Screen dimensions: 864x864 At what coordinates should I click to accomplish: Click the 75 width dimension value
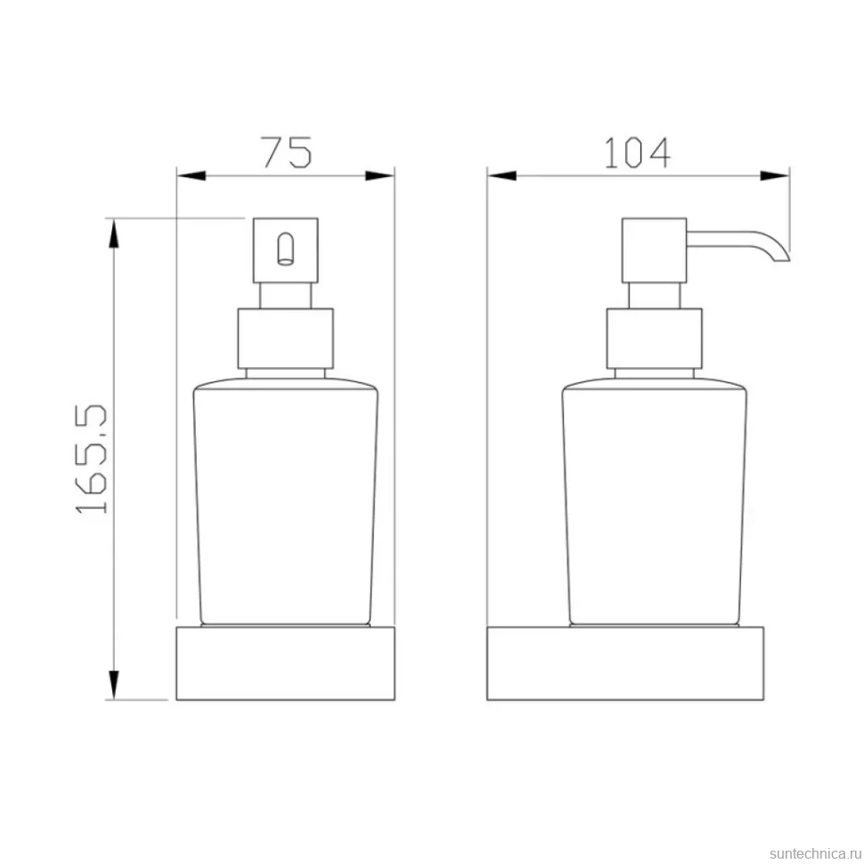click(x=287, y=152)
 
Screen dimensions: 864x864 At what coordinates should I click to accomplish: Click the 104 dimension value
click(x=638, y=152)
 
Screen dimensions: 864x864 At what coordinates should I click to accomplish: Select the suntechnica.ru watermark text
click(x=816, y=853)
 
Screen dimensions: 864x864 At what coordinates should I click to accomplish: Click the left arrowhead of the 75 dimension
click(x=191, y=175)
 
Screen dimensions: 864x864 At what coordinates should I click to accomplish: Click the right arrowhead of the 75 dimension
click(x=380, y=175)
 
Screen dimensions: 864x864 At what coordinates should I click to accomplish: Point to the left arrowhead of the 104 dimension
click(x=501, y=175)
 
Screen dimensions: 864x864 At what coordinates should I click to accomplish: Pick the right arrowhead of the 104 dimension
click(x=775, y=175)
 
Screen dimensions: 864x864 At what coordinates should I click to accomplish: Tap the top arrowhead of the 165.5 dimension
click(x=113, y=233)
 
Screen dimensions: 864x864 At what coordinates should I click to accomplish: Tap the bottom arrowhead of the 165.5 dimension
click(x=113, y=685)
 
